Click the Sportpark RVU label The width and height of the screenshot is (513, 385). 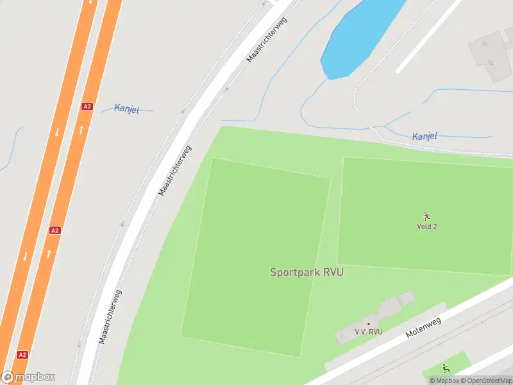click(x=307, y=272)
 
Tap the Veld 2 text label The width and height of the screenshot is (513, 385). click(x=426, y=227)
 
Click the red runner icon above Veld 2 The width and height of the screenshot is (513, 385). click(x=426, y=216)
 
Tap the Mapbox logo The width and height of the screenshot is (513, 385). click(x=28, y=377)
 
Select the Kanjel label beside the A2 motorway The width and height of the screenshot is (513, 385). click(x=126, y=108)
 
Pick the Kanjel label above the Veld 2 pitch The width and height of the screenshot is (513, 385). click(x=425, y=136)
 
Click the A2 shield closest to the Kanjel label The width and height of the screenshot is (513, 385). click(x=87, y=107)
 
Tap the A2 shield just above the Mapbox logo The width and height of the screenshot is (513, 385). click(x=22, y=354)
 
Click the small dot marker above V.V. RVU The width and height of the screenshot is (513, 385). click(x=368, y=324)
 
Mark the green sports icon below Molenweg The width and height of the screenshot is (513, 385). click(x=446, y=368)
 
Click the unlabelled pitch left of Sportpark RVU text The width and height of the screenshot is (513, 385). click(x=256, y=257)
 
